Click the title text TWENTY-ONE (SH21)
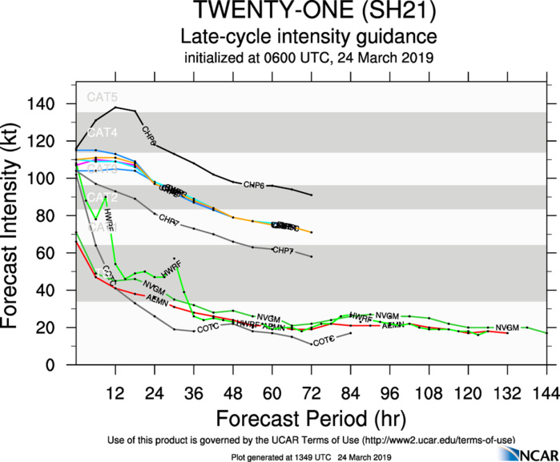[308, 14]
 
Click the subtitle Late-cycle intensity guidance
[308, 38]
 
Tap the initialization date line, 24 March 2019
[308, 58]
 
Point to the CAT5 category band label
[102, 98]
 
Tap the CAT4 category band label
[102, 132]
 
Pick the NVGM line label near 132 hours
[507, 327]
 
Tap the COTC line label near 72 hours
[323, 342]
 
